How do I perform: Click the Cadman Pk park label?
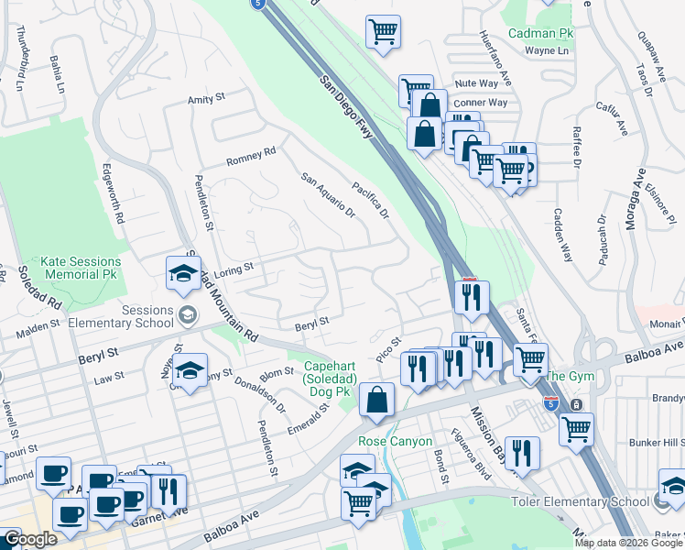540,33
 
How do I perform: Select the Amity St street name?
206,98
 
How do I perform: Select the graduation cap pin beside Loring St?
183,273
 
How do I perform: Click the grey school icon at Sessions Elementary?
188,315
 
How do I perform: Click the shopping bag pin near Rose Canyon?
376,400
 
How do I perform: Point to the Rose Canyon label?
395,441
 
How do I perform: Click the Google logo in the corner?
30,539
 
